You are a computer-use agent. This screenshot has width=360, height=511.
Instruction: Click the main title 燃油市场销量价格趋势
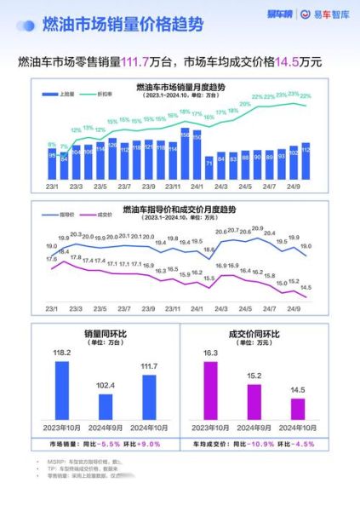pos(123,25)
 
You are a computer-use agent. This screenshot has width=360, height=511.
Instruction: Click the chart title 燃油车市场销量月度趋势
pos(180,87)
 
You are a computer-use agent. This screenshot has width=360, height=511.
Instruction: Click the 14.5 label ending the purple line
pos(306,287)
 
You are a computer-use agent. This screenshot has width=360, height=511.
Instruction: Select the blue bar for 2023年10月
pos(61,390)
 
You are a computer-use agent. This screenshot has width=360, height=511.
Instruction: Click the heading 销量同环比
pos(105,334)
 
